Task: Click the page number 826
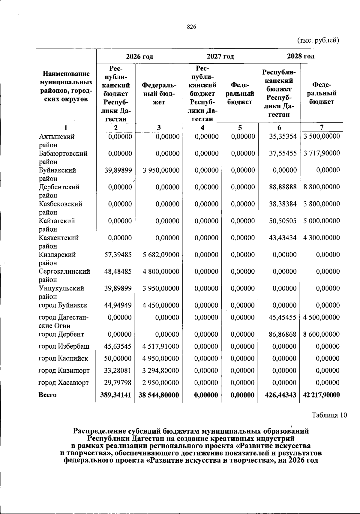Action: click(x=191, y=27)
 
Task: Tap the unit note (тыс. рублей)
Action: click(x=318, y=40)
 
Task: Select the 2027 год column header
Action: click(x=220, y=56)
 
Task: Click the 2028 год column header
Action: click(x=301, y=56)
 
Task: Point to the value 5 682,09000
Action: click(x=161, y=255)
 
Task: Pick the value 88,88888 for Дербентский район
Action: click(x=283, y=187)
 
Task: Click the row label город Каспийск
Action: click(x=63, y=359)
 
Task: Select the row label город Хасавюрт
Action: click(x=64, y=383)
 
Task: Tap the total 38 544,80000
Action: click(x=159, y=395)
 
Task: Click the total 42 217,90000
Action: click(x=321, y=395)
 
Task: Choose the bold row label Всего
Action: click(x=47, y=395)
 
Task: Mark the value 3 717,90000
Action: click(x=321, y=153)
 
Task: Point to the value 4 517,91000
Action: click(x=161, y=347)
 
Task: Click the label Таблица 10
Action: click(x=329, y=415)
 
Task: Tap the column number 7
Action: click(x=322, y=127)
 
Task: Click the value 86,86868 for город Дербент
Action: click(x=283, y=334)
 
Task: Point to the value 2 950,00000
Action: click(x=161, y=383)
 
